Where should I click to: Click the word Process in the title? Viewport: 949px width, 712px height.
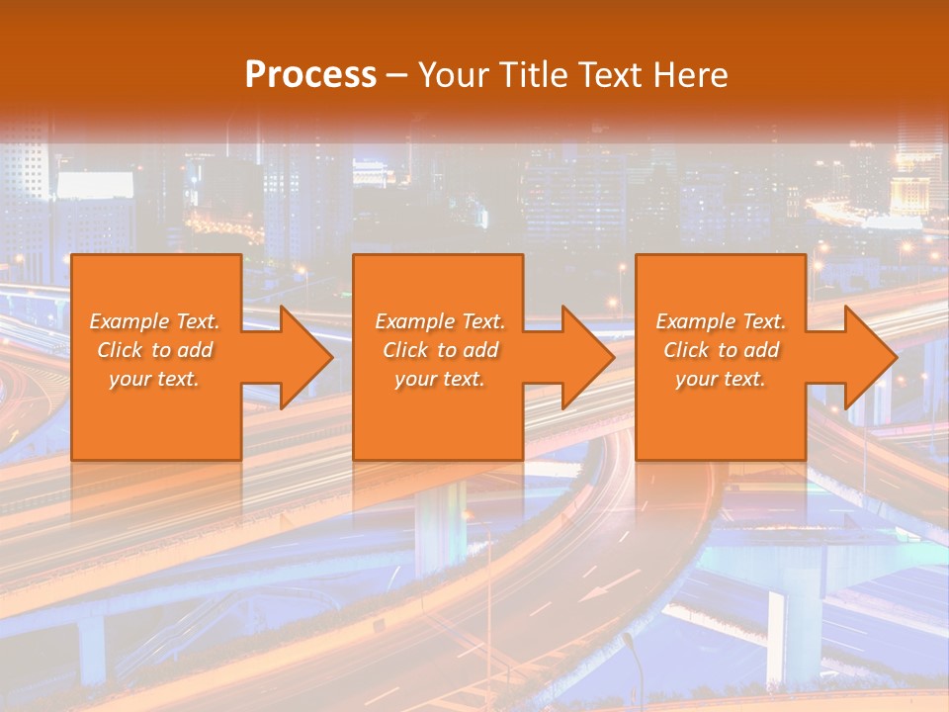tap(310, 74)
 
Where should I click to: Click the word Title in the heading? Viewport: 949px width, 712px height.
tap(533, 74)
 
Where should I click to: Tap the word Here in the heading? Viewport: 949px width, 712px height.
tap(691, 74)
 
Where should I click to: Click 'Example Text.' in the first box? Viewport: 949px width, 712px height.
tap(155, 321)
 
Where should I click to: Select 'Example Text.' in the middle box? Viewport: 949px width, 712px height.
tap(440, 321)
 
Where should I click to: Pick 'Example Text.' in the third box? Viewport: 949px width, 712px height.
tap(721, 321)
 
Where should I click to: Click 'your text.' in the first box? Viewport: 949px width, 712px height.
tap(154, 379)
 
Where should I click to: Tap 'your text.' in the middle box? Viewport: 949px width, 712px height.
tap(440, 379)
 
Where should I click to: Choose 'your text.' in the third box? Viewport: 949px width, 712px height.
tap(721, 379)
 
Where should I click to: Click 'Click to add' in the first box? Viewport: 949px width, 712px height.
tap(155, 350)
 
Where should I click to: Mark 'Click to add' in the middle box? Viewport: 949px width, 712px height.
tap(440, 350)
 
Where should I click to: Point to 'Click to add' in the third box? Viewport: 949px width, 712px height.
tap(721, 350)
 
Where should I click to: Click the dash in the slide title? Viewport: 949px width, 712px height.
tap(397, 75)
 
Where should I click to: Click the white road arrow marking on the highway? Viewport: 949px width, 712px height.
tap(595, 593)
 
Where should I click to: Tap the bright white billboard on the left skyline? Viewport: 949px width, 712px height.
tap(95, 186)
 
